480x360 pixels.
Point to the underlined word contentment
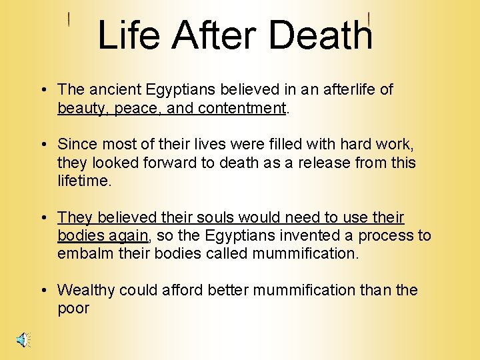[x=245, y=108]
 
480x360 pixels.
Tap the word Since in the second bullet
[x=76, y=144]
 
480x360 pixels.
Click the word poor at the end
[x=73, y=309]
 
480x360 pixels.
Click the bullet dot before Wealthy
[x=42, y=291]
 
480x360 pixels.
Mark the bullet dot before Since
[x=42, y=145]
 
